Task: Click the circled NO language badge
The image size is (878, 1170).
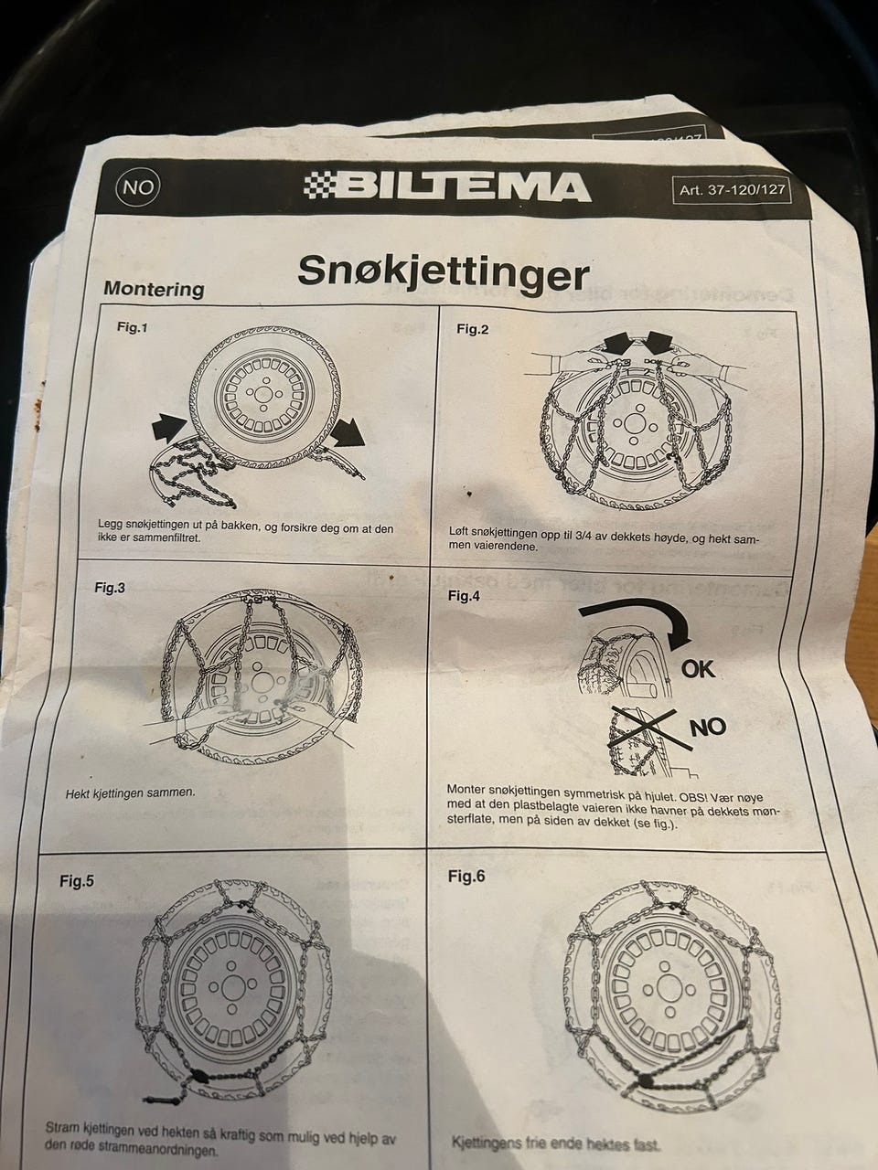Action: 137,186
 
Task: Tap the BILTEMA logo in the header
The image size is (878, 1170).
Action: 447,186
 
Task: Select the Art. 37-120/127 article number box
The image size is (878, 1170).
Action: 732,190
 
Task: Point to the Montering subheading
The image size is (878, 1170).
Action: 154,288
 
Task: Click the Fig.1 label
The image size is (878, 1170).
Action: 132,327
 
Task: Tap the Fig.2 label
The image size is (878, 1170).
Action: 472,329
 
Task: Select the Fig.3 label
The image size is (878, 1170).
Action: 110,588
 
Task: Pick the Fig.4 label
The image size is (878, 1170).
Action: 464,596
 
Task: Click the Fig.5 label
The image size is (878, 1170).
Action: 77,881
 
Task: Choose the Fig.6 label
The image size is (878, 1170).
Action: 466,877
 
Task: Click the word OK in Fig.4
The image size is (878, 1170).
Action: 699,669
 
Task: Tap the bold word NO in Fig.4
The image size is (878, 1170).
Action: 708,727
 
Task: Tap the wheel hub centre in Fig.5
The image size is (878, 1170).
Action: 231,989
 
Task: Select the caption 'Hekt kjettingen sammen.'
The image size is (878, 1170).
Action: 131,793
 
